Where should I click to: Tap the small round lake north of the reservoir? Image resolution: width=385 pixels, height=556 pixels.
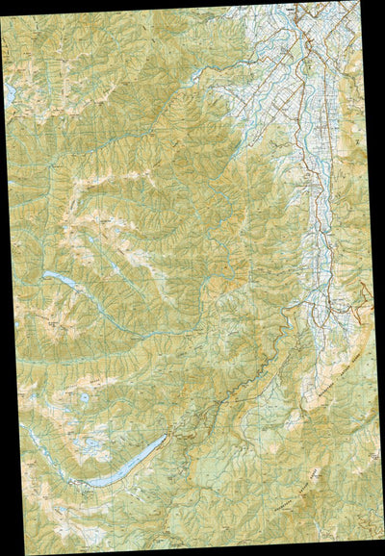84,396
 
